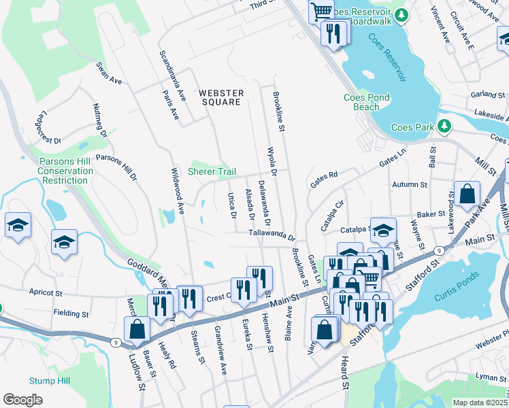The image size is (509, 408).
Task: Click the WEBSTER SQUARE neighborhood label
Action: click(220, 97)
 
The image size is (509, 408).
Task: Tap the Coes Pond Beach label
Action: click(366, 102)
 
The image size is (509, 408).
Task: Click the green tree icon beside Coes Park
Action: click(444, 126)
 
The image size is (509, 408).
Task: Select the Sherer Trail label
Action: click(212, 172)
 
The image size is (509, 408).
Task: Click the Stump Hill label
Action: click(47, 380)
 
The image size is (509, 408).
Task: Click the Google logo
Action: click(23, 400)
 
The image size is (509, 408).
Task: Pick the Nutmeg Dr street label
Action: click(99, 120)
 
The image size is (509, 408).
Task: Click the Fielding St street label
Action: click(71, 314)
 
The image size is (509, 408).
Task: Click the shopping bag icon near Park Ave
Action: click(468, 194)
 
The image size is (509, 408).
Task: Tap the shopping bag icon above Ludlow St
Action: click(137, 329)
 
